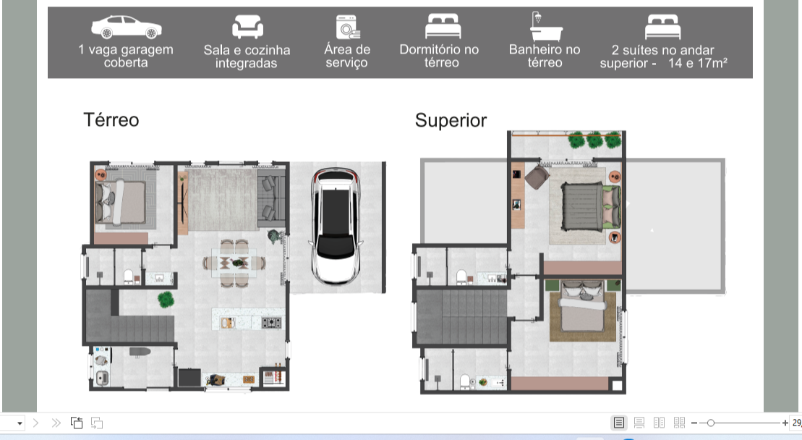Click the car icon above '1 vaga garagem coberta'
pos(127,27)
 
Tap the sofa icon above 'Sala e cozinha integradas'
pos(247,27)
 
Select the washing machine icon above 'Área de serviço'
pos(348,27)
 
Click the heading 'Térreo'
pos(111,119)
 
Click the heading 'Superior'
pos(451,120)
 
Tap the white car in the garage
pos(336,226)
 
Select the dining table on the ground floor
pos(234,263)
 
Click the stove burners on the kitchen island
pos(271,323)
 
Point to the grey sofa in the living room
pos(271,198)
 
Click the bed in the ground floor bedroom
pos(121,202)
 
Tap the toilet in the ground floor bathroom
pos(129,277)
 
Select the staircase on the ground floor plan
pos(129,317)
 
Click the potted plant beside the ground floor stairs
pos(166,300)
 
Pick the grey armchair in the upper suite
pos(537,177)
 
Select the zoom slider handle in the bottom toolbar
pos(710,423)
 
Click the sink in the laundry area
pos(101,379)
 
